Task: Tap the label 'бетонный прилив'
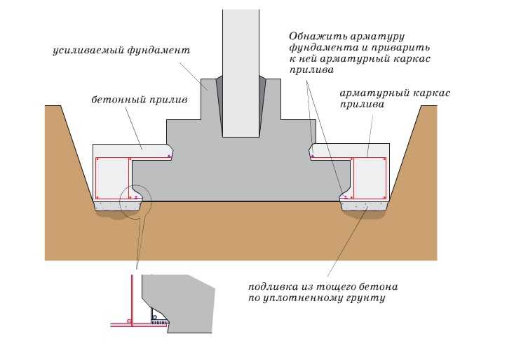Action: pyautogui.click(x=140, y=100)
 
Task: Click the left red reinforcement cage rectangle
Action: pyautogui.click(x=112, y=178)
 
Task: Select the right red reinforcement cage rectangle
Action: pyautogui.click(x=370, y=178)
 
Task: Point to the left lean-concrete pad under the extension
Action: pyautogui.click(x=117, y=206)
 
